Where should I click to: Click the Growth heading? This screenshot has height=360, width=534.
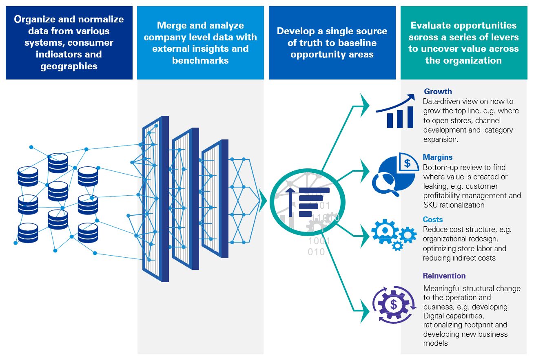click(x=438, y=92)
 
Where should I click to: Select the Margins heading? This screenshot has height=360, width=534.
click(x=437, y=157)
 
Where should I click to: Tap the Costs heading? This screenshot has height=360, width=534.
click(x=432, y=220)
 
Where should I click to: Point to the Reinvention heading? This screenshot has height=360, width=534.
click(x=444, y=276)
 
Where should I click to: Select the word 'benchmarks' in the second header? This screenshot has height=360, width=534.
click(x=200, y=60)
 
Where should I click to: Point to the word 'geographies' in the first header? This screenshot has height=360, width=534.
click(x=69, y=66)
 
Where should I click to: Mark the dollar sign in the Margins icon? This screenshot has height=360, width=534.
click(x=407, y=163)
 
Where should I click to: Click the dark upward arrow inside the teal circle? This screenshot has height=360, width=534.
click(x=290, y=202)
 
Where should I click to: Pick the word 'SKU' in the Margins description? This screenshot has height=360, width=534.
click(x=431, y=205)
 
